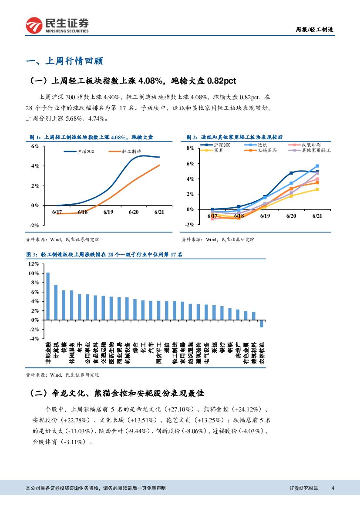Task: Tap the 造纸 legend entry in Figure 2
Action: pos(262,145)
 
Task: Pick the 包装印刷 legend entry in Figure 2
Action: pos(311,145)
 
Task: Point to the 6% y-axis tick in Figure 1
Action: pos(35,147)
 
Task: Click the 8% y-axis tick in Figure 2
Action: pos(190,148)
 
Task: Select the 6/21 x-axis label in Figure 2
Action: pos(317,216)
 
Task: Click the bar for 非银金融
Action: pos(48,296)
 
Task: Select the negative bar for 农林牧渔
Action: pos(262,323)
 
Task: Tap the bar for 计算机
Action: pos(56,302)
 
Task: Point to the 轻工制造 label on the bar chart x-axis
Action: pos(175,353)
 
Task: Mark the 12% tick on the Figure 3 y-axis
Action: pos(33,264)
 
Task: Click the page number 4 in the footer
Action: pos(333,488)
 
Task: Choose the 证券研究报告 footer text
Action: pos(304,488)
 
